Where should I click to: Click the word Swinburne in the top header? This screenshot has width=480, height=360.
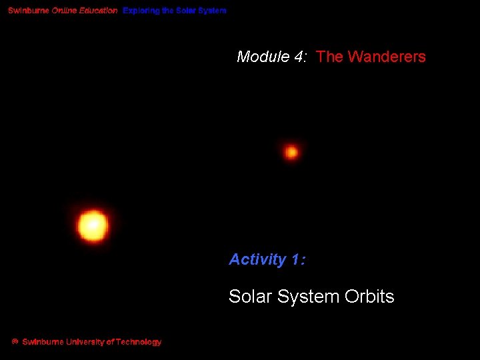point(29,11)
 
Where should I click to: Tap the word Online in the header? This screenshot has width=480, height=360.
point(65,11)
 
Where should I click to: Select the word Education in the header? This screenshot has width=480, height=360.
point(99,11)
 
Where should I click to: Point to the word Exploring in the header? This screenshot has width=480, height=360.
point(141,11)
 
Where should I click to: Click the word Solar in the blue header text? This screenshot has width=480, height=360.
point(187,11)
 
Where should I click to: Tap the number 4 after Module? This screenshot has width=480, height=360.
point(297,57)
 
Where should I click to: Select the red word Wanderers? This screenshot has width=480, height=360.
point(387,57)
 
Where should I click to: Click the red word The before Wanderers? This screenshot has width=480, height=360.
point(329,57)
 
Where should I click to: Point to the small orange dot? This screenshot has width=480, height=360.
point(291,152)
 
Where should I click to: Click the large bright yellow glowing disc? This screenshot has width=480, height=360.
point(93,225)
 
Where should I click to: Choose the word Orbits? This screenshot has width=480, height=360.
point(369,297)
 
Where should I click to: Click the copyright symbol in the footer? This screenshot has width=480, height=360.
point(15,342)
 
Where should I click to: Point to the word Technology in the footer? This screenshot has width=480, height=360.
point(138,342)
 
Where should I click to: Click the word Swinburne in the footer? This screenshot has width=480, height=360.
point(43,342)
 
